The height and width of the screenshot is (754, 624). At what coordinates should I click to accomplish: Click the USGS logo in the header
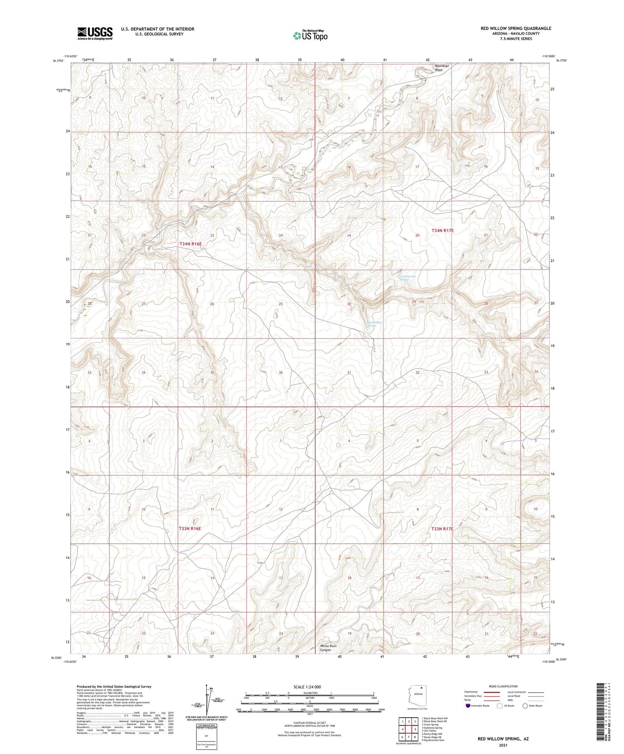coord(95,33)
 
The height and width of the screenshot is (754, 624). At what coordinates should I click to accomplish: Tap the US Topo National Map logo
coord(310,35)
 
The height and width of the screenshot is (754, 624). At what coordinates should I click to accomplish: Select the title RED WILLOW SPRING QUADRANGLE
coord(516,29)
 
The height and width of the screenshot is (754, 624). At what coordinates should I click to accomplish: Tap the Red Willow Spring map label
coord(374,324)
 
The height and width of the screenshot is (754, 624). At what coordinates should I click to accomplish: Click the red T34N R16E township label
coord(190,244)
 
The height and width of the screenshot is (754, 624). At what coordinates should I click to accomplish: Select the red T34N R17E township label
coord(443,231)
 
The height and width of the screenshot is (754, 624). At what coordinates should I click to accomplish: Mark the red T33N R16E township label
coord(190,528)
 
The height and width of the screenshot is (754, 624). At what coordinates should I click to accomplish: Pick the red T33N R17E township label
coord(442,529)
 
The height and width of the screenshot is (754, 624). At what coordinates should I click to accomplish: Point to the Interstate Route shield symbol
coord(468,706)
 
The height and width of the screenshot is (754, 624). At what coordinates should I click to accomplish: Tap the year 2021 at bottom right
coord(503,745)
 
